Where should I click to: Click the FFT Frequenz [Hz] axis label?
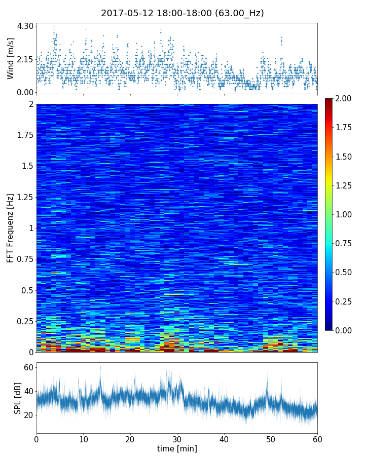click(x=11, y=227)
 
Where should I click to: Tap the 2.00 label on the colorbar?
click(x=344, y=98)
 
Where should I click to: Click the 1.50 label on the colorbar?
click(x=344, y=157)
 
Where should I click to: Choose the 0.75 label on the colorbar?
click(x=344, y=243)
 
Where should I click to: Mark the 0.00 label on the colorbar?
click(x=344, y=330)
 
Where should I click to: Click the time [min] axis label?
click(x=177, y=448)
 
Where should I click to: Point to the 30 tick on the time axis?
click(x=177, y=438)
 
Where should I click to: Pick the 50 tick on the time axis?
click(x=271, y=438)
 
